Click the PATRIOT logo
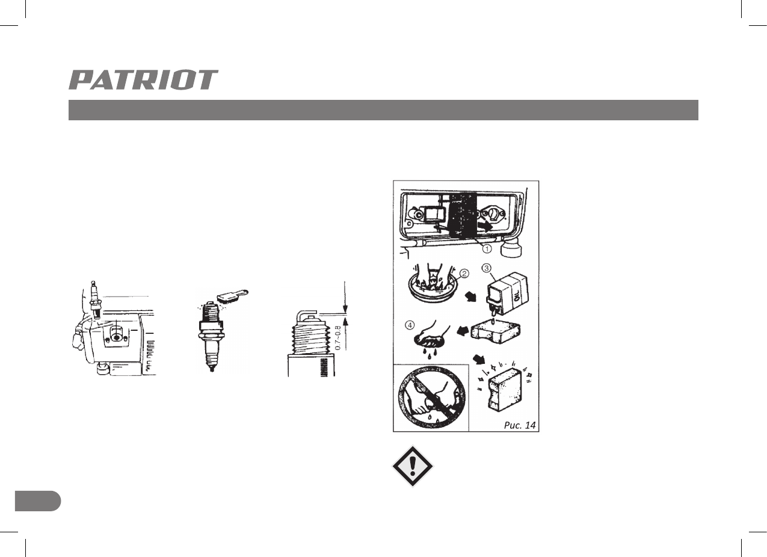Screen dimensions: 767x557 (143, 80)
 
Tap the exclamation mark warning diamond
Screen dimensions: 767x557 (412, 466)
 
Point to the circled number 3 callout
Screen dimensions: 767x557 (487, 268)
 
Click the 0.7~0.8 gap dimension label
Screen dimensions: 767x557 (339, 337)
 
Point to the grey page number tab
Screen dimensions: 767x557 (37, 501)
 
